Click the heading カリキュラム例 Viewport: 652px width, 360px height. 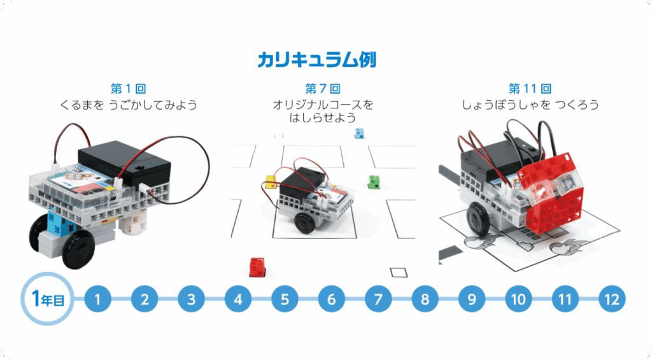316,61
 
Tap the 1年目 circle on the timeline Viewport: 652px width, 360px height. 45,298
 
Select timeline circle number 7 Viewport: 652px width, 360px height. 378,299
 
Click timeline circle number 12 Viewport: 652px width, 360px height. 612,299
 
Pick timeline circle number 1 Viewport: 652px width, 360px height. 98,299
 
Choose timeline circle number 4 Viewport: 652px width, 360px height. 238,299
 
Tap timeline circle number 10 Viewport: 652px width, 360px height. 518,299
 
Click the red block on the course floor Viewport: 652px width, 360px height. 257,266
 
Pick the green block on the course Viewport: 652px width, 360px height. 374,182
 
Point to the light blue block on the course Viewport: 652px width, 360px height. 359,133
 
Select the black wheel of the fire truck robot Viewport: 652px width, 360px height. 478,220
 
